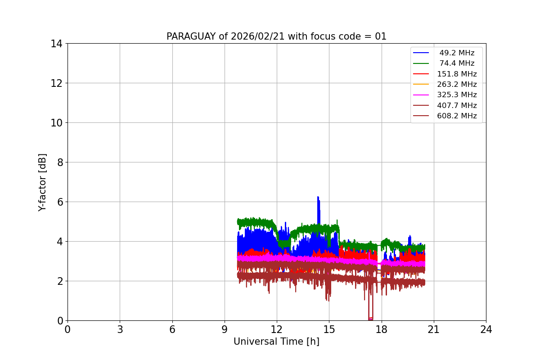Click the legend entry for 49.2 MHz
pyautogui.click(x=456, y=53)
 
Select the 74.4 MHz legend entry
pyautogui.click(x=456, y=63)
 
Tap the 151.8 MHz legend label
pyautogui.click(x=456, y=74)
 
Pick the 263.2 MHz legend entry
pyautogui.click(x=456, y=85)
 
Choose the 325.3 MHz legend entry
pyautogui.click(x=456, y=95)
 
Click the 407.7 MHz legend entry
pyautogui.click(x=456, y=105)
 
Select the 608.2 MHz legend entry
pyautogui.click(x=456, y=116)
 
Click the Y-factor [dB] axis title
pyautogui.click(x=42, y=182)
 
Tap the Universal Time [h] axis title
pyautogui.click(x=276, y=342)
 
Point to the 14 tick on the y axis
pyautogui.click(x=57, y=44)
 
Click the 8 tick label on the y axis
pyautogui.click(x=59, y=162)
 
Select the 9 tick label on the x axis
pyautogui.click(x=225, y=329)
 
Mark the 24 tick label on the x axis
pyautogui.click(x=486, y=329)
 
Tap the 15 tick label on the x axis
pyautogui.click(x=329, y=329)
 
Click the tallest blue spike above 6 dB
pyautogui.click(x=318, y=198)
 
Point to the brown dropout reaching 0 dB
pyautogui.click(x=370, y=319)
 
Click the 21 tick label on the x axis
pyautogui.click(x=433, y=329)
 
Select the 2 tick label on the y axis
pyautogui.click(x=59, y=281)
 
